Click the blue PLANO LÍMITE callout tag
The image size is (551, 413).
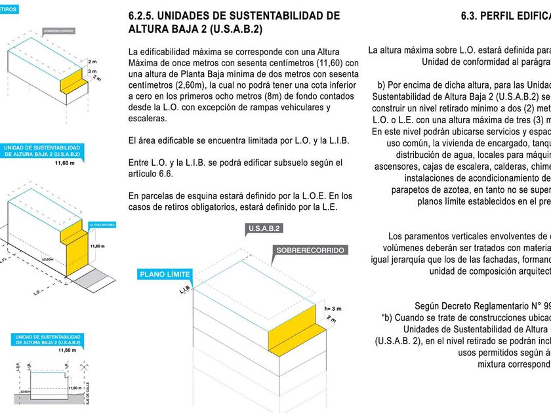(164, 274)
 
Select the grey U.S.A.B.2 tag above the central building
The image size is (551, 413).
(265, 229)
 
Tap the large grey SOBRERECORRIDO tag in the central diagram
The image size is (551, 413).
(310, 250)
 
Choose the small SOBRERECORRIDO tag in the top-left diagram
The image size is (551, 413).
(58, 31)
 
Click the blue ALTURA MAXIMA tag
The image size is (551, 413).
(102, 224)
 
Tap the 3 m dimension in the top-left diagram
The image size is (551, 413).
(92, 71)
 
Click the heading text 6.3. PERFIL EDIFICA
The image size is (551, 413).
(505, 16)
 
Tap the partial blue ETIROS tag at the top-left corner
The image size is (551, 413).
(8, 9)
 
